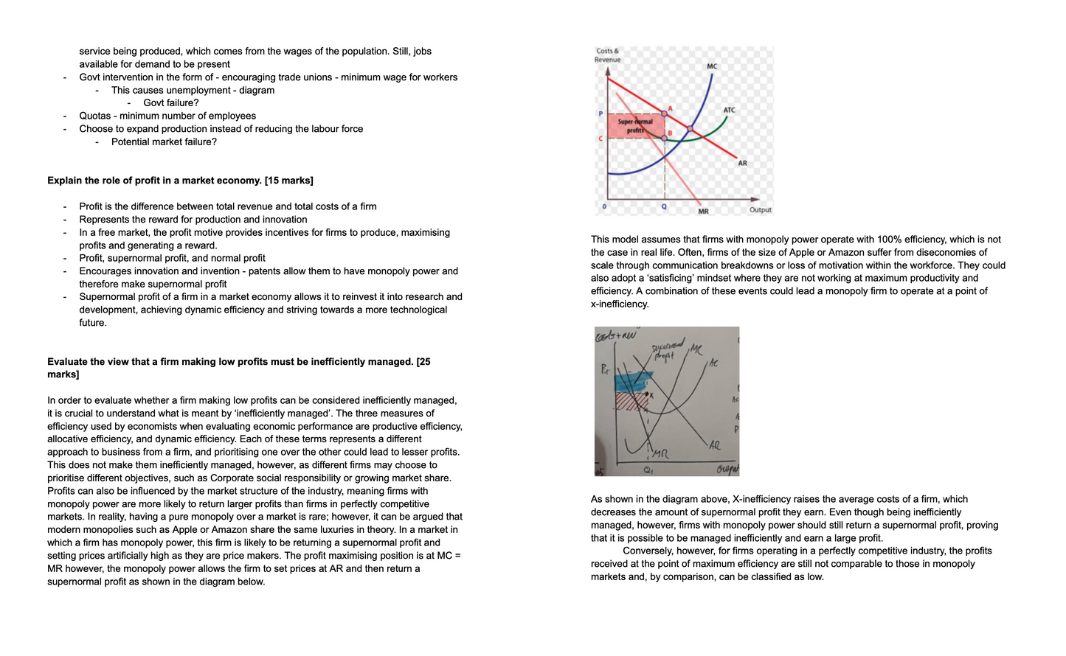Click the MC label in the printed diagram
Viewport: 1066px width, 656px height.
(712, 66)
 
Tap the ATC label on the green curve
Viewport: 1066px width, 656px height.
(729, 110)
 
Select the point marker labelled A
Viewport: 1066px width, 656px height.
(664, 114)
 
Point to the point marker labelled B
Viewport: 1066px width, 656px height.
(664, 138)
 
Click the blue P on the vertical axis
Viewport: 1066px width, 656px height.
(601, 114)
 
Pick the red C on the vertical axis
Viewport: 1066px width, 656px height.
(601, 139)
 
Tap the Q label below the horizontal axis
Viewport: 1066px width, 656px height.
(664, 206)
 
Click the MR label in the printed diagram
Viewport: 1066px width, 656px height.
(703, 212)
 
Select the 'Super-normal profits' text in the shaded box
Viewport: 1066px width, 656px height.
(635, 126)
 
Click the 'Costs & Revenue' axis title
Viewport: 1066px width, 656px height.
(608, 55)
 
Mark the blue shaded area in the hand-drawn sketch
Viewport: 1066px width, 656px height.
(633, 382)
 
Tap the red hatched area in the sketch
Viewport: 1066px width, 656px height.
(631, 401)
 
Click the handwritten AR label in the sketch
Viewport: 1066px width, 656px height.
(714, 445)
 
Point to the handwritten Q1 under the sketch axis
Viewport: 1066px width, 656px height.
(648, 470)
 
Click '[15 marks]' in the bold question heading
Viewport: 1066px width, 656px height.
(289, 181)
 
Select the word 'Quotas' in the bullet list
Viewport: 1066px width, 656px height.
(96, 116)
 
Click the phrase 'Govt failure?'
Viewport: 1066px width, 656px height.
(171, 103)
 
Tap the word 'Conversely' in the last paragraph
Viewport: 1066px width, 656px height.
(648, 551)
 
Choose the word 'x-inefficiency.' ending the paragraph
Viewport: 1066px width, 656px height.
(620, 304)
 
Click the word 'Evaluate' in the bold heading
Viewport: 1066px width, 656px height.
(68, 362)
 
